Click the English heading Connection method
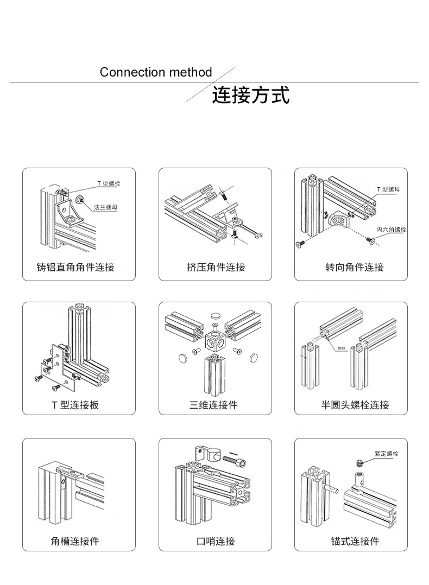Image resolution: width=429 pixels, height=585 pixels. point(156,72)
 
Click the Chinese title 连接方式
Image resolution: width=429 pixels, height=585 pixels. point(250,95)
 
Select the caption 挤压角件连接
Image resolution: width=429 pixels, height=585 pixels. point(216,267)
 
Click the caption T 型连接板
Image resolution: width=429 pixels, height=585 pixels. point(75,405)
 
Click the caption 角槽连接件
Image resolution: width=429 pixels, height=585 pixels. point(75,541)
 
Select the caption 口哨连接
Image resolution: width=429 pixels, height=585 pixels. point(216,541)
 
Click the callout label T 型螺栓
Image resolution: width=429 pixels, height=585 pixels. point(109,183)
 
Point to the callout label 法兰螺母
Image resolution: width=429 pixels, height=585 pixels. point(105,207)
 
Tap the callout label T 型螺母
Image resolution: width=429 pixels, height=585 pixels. point(388,189)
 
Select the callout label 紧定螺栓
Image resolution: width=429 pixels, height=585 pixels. point(386,453)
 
